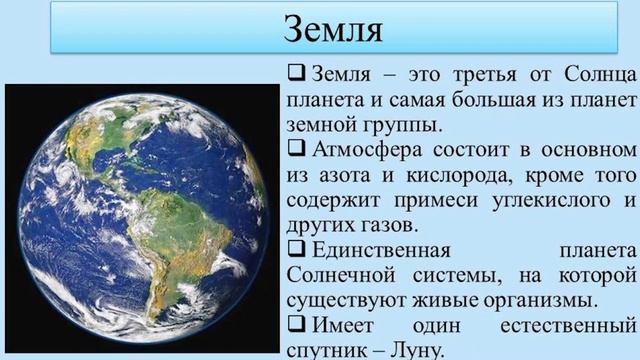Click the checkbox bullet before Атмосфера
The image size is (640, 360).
(296, 151)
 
